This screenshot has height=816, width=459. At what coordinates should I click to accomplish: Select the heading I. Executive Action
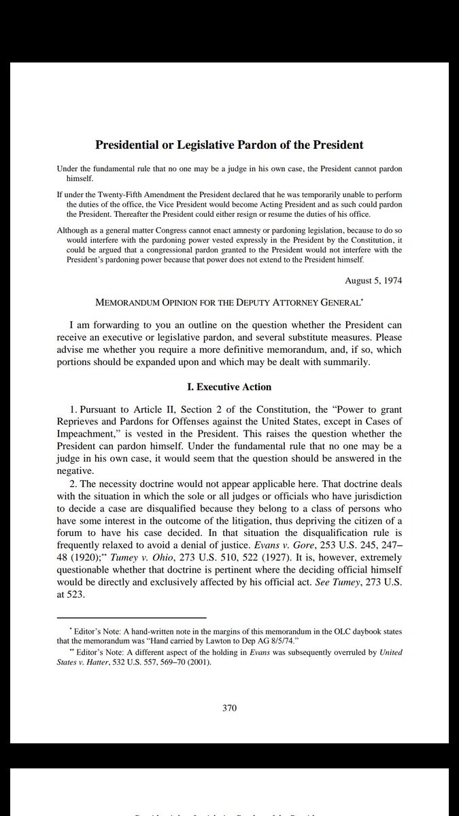click(x=229, y=387)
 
